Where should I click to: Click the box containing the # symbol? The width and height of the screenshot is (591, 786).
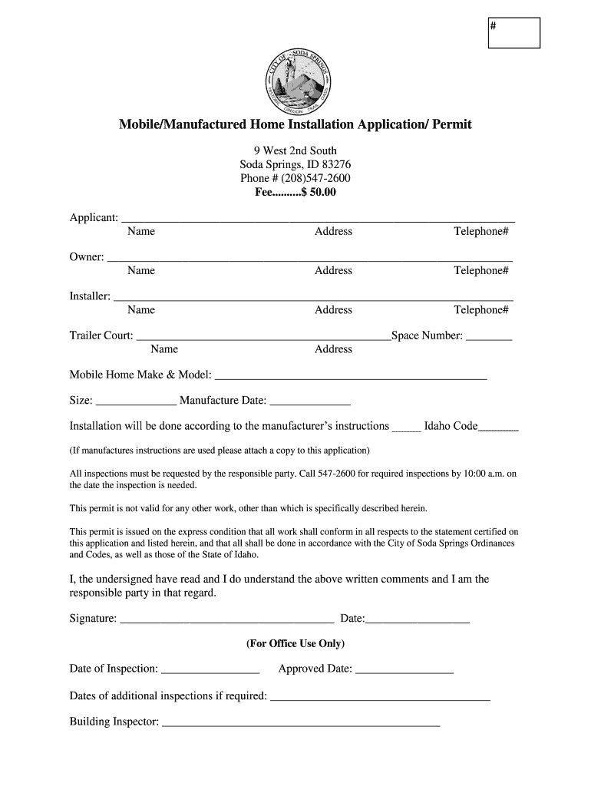pos(513,32)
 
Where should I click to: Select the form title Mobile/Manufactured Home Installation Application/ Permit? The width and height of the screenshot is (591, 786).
pos(295,124)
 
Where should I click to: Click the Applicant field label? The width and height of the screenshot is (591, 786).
pos(94,218)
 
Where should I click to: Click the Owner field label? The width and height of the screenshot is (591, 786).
pos(86,257)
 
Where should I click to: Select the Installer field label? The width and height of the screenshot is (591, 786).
pos(90,296)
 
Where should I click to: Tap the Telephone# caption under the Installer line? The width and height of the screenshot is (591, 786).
pos(481,310)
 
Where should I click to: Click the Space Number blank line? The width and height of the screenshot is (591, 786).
pos(489,337)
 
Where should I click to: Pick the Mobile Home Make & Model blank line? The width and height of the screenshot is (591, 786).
pos(351,377)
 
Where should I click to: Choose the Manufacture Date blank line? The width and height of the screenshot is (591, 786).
pos(310,401)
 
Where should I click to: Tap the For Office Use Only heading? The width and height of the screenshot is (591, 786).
pos(295,643)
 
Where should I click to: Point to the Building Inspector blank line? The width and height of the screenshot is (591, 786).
pos(301,723)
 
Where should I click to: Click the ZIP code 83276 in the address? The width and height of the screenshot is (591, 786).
pos(336,164)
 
